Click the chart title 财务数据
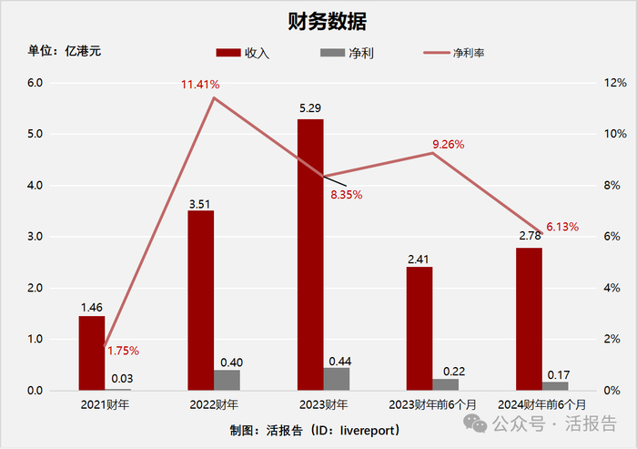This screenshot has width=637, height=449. click(x=327, y=21)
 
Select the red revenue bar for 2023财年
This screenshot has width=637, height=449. click(x=310, y=255)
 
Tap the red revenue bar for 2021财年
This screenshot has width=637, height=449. click(x=92, y=353)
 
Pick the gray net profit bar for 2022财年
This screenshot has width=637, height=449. click(x=227, y=381)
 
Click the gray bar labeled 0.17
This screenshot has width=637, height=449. click(x=555, y=386)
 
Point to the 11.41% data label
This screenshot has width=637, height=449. click(x=200, y=85)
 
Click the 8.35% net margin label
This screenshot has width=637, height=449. click(x=346, y=195)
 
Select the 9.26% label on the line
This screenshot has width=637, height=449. click(x=448, y=145)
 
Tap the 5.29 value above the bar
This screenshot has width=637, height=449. click(x=310, y=108)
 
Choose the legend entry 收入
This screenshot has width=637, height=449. click(x=243, y=53)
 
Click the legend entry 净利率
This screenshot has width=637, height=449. click(x=454, y=53)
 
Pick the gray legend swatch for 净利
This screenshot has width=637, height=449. click(x=332, y=53)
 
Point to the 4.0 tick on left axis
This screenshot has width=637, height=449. click(x=35, y=186)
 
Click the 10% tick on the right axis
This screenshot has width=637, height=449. click(x=615, y=134)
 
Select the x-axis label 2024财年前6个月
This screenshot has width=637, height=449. click(x=542, y=404)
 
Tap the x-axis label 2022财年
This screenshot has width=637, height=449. click(x=214, y=404)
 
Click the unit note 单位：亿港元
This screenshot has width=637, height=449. click(x=65, y=51)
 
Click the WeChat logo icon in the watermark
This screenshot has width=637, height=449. click(x=475, y=423)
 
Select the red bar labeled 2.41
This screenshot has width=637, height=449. click(x=420, y=329)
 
